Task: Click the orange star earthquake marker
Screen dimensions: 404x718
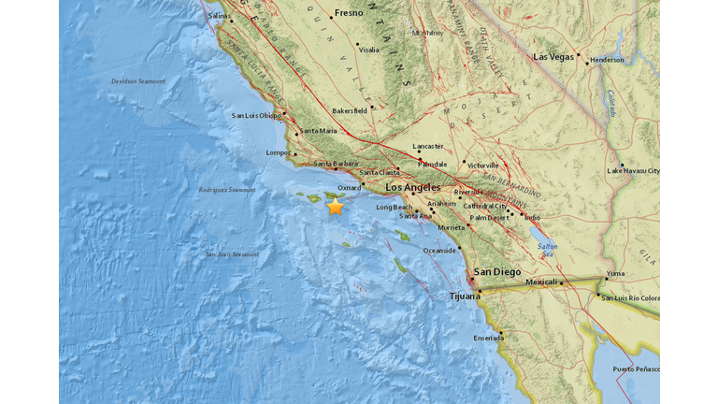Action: [335, 207]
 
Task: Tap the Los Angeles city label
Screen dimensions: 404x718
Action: [410, 187]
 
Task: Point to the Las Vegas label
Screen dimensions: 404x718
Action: [554, 57]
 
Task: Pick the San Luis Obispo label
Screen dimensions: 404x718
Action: [256, 116]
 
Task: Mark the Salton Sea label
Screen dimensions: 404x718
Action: [548, 250]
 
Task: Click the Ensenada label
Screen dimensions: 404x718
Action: [487, 338]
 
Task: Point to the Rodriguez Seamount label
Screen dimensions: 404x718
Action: [226, 190]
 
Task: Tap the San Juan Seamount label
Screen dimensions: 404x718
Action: [229, 255]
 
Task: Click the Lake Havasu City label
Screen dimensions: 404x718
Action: [633, 171]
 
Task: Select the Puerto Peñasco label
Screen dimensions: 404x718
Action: [636, 369]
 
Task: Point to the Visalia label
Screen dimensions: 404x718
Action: [368, 50]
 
